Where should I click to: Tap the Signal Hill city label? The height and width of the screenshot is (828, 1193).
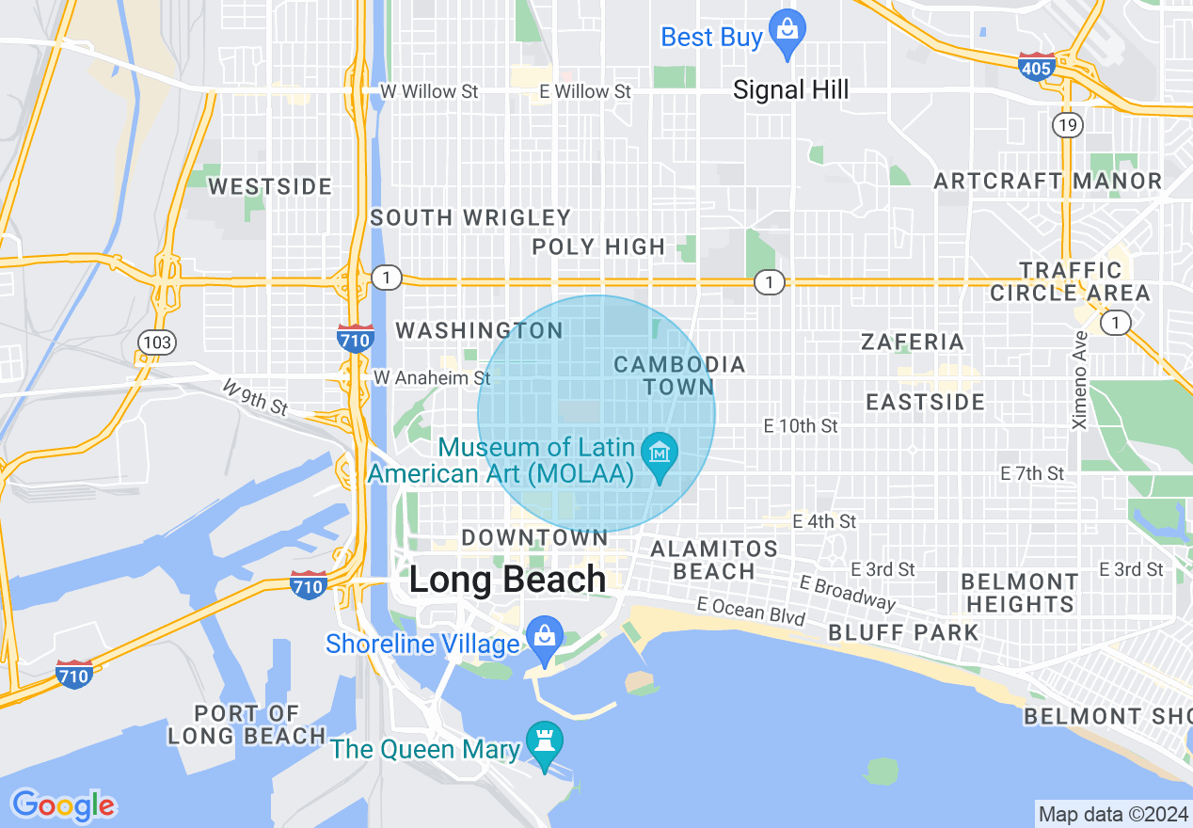point(790,90)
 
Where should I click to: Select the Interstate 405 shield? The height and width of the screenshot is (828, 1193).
point(1035,67)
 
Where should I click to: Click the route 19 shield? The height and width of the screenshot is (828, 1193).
point(1069,124)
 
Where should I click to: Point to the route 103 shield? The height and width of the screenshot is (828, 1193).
point(156,342)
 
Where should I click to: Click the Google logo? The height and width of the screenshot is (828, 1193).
point(63,805)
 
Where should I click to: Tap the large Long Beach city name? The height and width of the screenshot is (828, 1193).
point(507,580)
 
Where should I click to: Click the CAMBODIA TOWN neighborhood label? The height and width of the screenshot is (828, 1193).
point(679,375)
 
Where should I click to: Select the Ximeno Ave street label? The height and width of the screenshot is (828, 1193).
point(1080,380)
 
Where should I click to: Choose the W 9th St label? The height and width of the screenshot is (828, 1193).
point(255,397)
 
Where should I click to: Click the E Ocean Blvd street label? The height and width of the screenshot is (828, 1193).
point(751,611)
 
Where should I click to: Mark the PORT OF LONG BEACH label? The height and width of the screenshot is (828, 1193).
point(247,724)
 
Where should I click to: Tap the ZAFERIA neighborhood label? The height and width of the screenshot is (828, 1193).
point(913,342)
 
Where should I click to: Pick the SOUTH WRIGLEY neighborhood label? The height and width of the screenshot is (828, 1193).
point(470,218)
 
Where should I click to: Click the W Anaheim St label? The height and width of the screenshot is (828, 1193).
point(432,377)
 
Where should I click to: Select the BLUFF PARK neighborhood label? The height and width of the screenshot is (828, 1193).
point(904,632)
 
